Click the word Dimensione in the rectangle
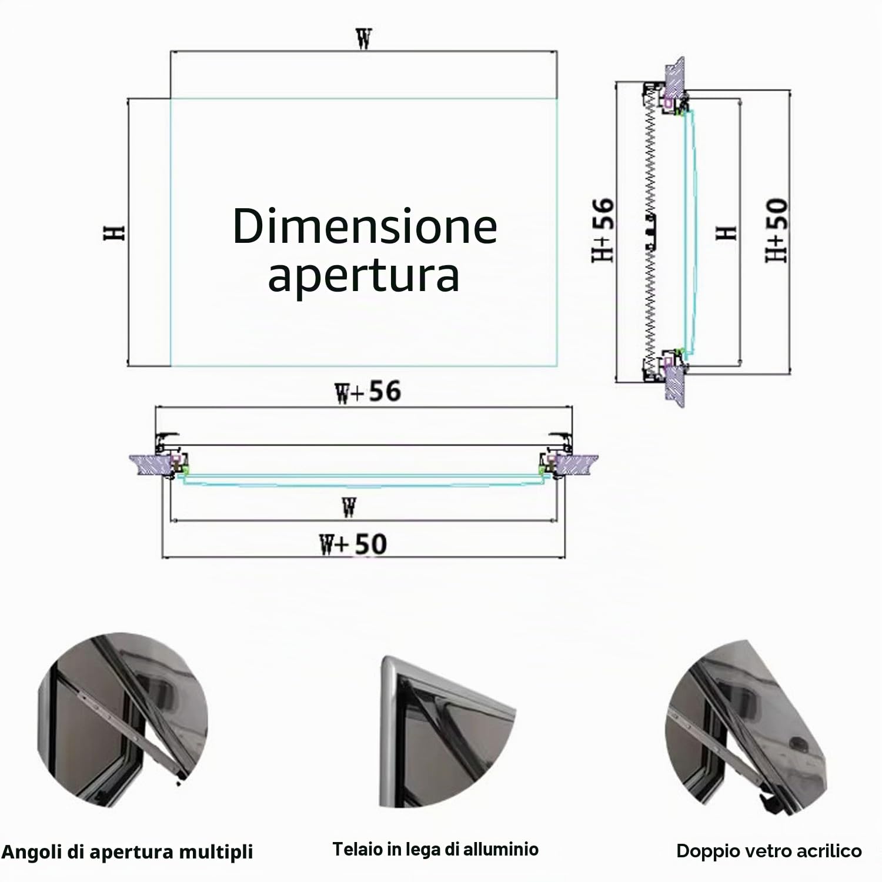click(365, 226)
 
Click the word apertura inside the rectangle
click(363, 275)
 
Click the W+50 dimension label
click(353, 544)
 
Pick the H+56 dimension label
click(603, 230)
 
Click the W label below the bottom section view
click(349, 507)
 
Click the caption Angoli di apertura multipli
click(128, 852)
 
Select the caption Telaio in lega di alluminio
click(436, 849)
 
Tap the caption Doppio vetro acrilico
click(769, 851)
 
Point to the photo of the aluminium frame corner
click(447, 732)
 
